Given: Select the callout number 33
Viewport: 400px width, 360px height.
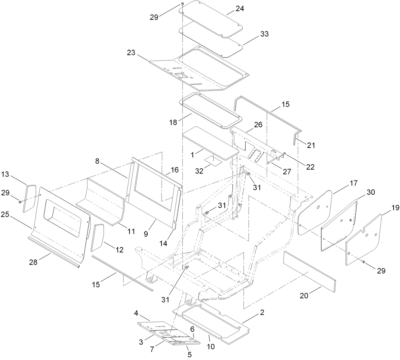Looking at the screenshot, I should click(x=264, y=34).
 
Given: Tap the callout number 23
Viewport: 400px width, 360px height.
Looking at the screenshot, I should click(x=131, y=52).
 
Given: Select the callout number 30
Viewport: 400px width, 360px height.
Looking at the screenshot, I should click(x=370, y=192).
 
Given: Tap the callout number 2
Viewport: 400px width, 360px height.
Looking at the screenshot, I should click(x=262, y=313).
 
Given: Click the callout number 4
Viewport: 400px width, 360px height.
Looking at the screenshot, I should click(x=136, y=313).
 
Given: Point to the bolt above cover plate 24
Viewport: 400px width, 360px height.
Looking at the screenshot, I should click(x=182, y=4).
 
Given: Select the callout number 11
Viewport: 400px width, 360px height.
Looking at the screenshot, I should click(x=131, y=231).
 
